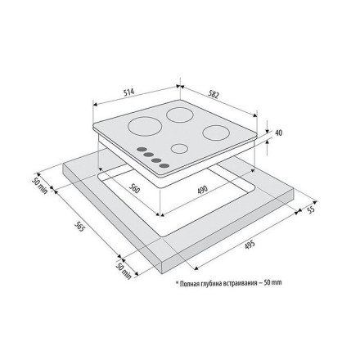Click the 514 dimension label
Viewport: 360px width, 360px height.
129,92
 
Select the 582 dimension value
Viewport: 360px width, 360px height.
214,94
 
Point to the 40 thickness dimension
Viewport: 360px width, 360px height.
279,133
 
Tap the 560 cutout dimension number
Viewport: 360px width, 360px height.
134,188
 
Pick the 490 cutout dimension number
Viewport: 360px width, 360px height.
203,190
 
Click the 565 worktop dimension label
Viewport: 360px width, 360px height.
79,226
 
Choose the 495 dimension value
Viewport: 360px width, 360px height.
250,245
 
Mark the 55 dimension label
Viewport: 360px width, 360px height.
311,209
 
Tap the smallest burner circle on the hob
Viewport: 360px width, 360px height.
179,148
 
